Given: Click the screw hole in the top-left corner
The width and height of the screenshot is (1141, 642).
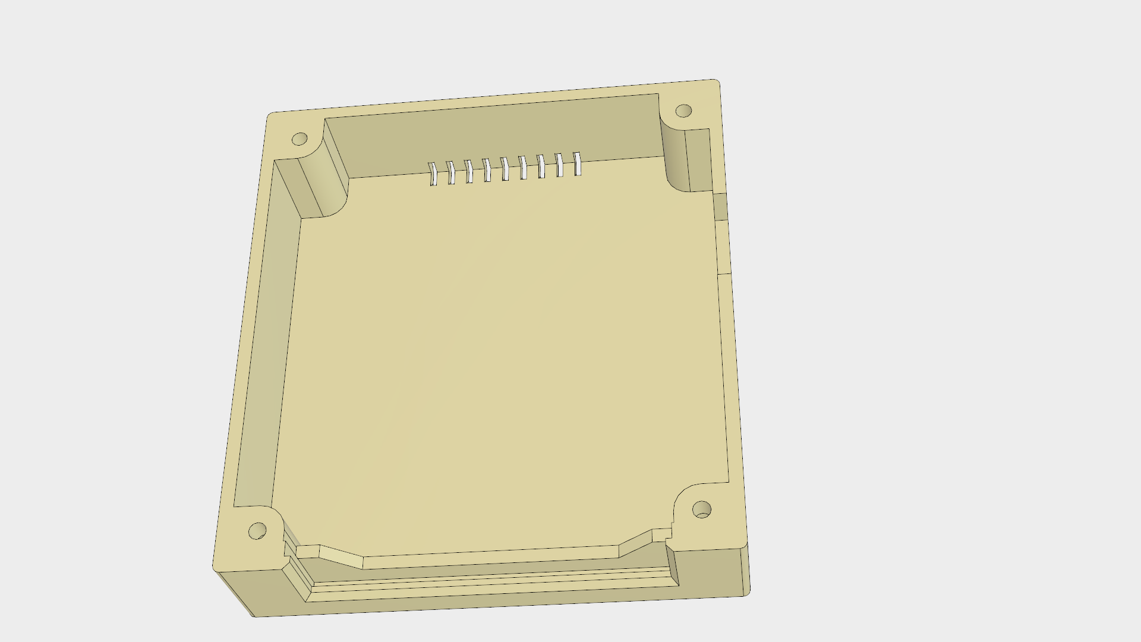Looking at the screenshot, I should (x=300, y=139).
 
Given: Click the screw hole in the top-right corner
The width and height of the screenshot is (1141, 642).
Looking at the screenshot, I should (x=684, y=111).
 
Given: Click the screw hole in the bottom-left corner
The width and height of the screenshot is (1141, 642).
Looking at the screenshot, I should (x=257, y=531).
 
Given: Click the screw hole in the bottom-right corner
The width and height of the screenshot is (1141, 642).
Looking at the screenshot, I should (x=702, y=509).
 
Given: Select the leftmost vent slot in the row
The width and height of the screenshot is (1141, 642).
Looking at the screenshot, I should (x=433, y=173).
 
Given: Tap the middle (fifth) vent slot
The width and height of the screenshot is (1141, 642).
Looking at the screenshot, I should (x=505, y=168).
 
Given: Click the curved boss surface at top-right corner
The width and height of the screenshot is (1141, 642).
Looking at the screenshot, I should (x=673, y=155).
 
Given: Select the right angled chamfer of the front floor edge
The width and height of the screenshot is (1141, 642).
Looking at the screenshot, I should (x=636, y=542).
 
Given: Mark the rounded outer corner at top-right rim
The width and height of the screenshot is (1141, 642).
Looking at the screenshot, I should (x=717, y=83).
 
